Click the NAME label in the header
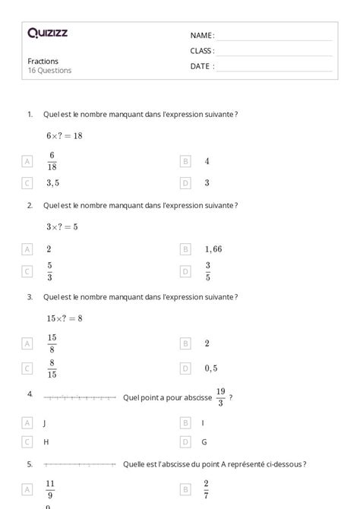pos(201,36)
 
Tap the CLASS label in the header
pos(202,51)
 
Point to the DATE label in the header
pos(201,66)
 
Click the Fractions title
pos(43,62)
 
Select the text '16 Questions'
pos(49,71)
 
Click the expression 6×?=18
pos(65,136)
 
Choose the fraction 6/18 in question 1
pos(52,161)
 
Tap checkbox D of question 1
pos(185,183)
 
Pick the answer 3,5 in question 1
pos(53,183)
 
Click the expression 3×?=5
pos(62,226)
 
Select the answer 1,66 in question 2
pos(213,249)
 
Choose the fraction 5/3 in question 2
pos(49,271)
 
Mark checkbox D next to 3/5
pos(185,271)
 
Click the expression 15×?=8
pos(65,318)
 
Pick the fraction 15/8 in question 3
pos(52,343)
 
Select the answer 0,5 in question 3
pos(211,368)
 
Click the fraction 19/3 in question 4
pos(220,397)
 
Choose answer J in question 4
pos(46,422)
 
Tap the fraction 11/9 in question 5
pos(50,487)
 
